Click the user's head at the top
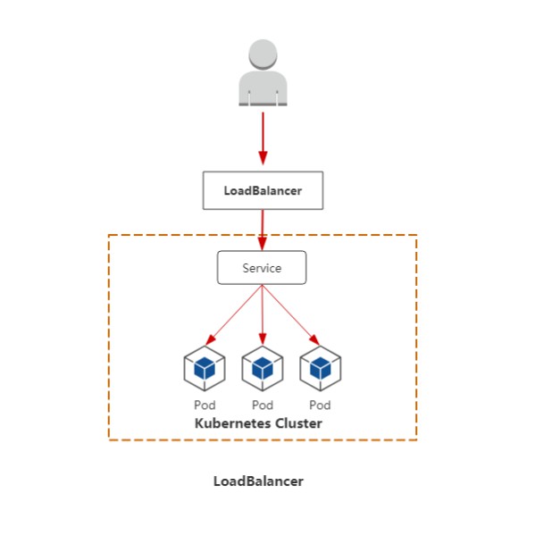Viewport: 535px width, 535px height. pos(263,54)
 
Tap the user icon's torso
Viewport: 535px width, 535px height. pos(263,88)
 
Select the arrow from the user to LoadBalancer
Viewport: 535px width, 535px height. pos(263,138)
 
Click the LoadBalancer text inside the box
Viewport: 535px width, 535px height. pos(263,191)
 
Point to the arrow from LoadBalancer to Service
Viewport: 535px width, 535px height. pos(262,230)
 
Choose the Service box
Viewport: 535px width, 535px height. pos(262,268)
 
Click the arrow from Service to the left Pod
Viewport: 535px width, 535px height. pos(234,315)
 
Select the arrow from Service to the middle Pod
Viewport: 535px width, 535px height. pos(262,315)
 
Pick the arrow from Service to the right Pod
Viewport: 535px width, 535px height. pos(291,315)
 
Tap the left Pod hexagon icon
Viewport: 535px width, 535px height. pos(205,369)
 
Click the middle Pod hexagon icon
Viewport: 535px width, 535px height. pos(263,369)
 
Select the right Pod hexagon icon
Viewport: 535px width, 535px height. pos(321,369)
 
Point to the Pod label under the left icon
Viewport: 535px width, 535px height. pos(205,405)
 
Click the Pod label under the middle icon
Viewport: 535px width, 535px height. pos(263,405)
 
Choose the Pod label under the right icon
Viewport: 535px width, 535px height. pos(320,405)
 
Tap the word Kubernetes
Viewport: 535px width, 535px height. pos(233,423)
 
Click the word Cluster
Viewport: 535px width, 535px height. pos(298,423)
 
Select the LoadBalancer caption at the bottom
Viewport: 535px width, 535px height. pos(258,481)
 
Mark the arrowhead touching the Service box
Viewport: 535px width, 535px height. pos(262,244)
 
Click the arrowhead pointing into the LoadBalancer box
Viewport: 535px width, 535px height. pos(263,158)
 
